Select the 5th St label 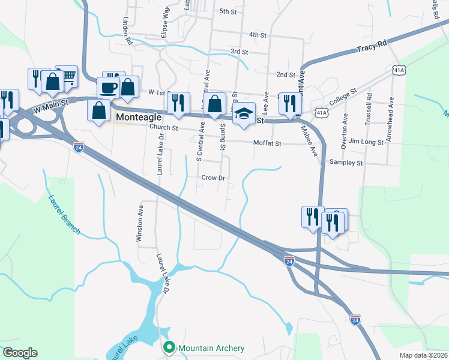229,11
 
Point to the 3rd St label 240,52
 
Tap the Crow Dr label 213,178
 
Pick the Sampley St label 346,163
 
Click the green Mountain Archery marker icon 170,348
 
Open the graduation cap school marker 244,114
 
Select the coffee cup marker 109,88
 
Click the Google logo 20,353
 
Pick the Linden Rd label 127,32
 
